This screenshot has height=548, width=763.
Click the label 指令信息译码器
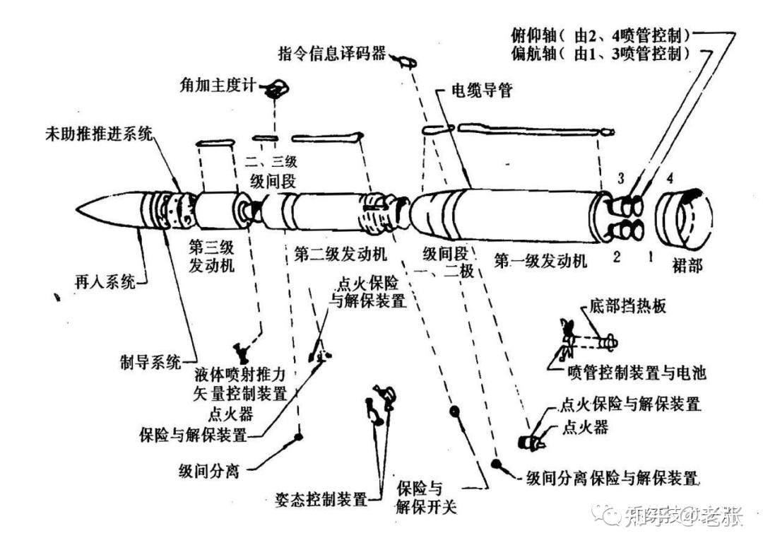click(x=332, y=53)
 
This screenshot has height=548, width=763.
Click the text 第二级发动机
click(x=339, y=253)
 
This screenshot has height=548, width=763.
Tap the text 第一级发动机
click(x=540, y=260)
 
